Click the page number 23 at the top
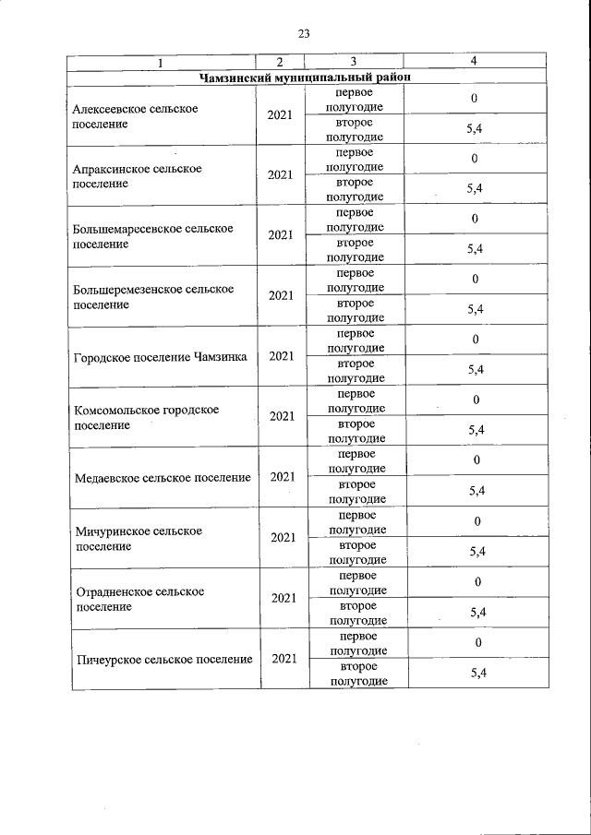click(x=304, y=34)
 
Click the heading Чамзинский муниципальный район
click(x=305, y=78)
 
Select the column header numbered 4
click(x=474, y=62)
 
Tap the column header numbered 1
click(x=161, y=63)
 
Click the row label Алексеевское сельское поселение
click(x=136, y=115)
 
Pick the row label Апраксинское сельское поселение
click(x=137, y=175)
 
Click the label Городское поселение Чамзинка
click(x=160, y=356)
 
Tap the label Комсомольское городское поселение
click(x=146, y=417)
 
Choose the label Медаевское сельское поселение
click(x=163, y=477)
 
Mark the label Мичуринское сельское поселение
click(x=138, y=538)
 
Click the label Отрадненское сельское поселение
click(x=139, y=599)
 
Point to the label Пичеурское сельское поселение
click(x=163, y=659)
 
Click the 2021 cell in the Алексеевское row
click(x=281, y=115)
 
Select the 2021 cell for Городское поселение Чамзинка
click(x=282, y=356)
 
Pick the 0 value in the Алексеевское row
click(x=474, y=98)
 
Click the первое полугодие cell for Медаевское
click(x=356, y=461)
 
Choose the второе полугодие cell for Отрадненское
click(x=356, y=614)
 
